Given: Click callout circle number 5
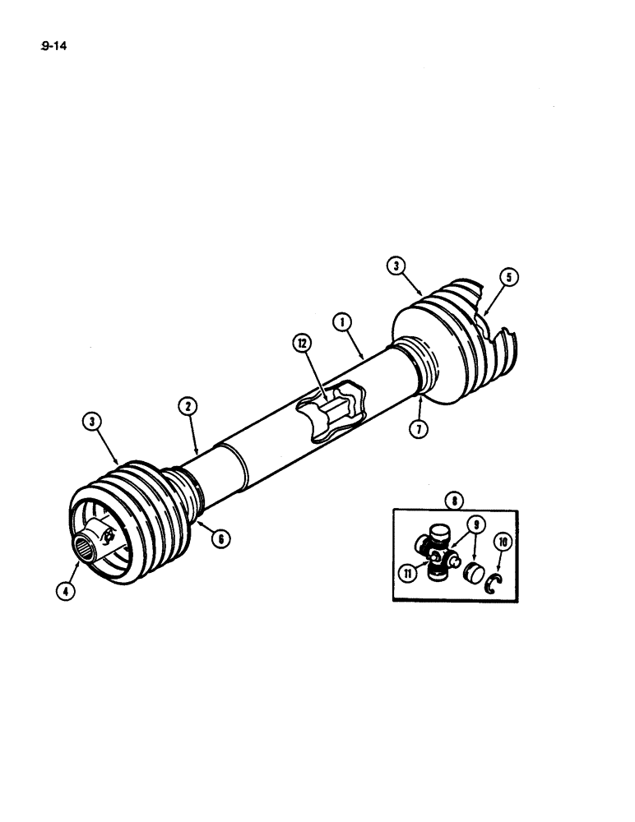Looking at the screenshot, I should point(508,278).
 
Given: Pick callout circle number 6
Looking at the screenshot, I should point(220,538).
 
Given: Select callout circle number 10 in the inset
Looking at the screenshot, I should point(502,542).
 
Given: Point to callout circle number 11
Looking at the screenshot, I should point(407,574).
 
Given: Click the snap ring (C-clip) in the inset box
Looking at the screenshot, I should point(493,584).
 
